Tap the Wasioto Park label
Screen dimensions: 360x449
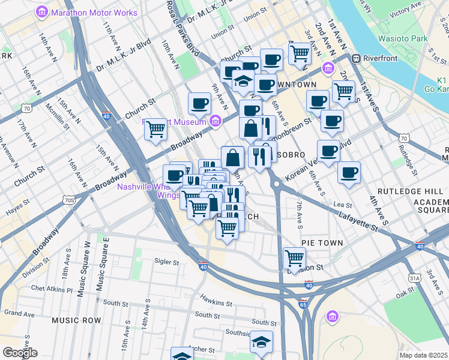coord(402,38)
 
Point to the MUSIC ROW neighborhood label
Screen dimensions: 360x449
coord(76,320)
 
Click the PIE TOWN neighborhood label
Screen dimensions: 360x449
coord(322,243)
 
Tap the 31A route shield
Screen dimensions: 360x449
coord(414,278)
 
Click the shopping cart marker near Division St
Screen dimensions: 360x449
coord(294,258)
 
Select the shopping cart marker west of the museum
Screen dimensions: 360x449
coord(155,128)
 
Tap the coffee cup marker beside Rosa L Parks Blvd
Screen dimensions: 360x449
coord(199,103)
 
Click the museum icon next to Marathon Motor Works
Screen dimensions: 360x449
coord(43,11)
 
